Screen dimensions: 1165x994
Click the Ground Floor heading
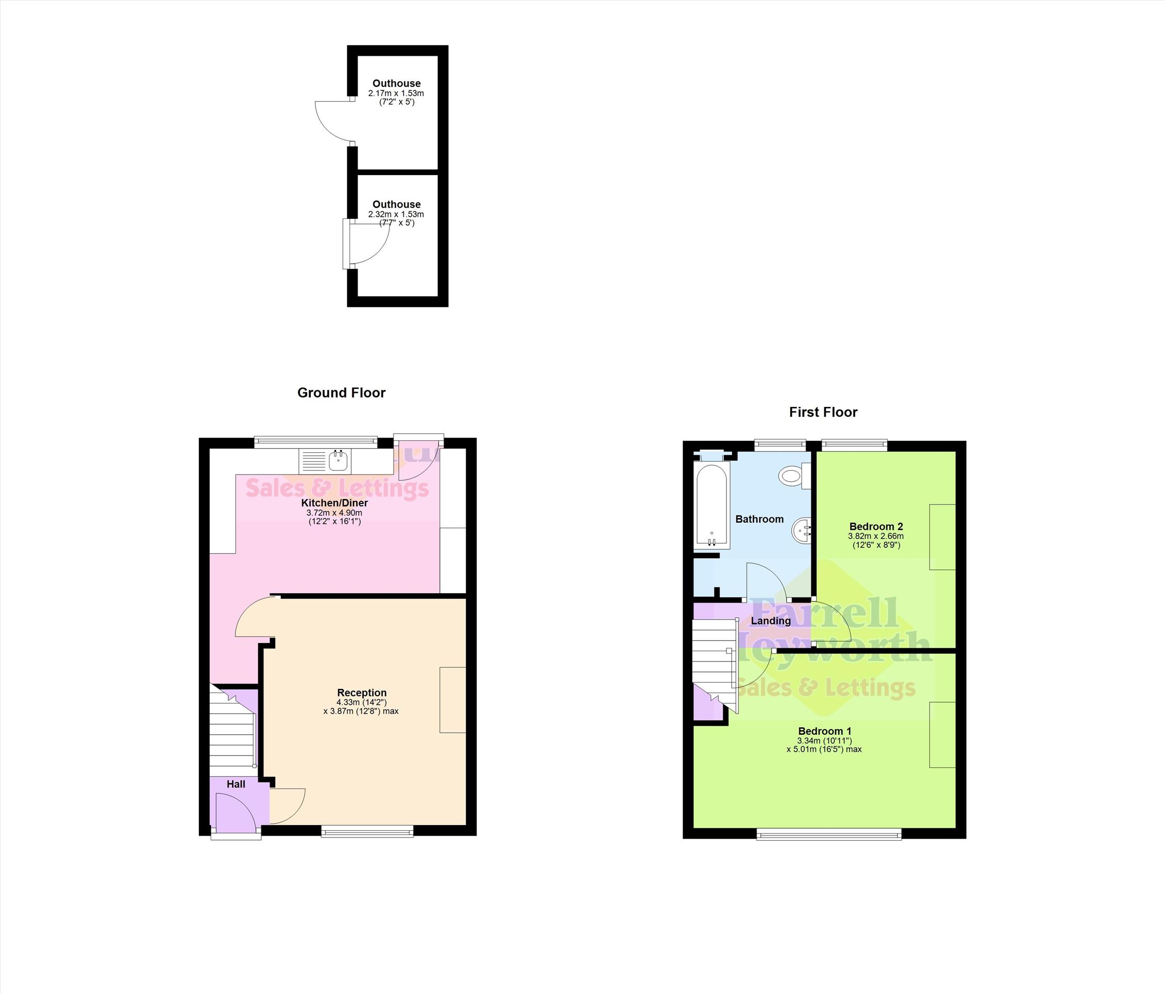click(x=341, y=393)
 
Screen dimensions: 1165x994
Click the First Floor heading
click(x=823, y=412)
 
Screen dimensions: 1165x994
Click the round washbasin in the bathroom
click(x=802, y=530)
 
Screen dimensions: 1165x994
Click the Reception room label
click(x=362, y=692)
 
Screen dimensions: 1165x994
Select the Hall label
click(x=236, y=784)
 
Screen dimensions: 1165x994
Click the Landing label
click(x=771, y=621)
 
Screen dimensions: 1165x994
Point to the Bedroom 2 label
click(x=876, y=526)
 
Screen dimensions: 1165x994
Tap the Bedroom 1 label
click(x=825, y=731)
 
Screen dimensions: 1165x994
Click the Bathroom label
click(x=760, y=519)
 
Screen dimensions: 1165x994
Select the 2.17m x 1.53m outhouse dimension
click(x=396, y=93)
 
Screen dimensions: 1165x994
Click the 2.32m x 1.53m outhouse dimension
click(x=396, y=214)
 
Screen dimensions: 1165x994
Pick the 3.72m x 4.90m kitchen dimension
click(x=334, y=513)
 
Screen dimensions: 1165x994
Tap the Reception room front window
click(x=368, y=831)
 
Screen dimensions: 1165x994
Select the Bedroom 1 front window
click(x=829, y=834)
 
